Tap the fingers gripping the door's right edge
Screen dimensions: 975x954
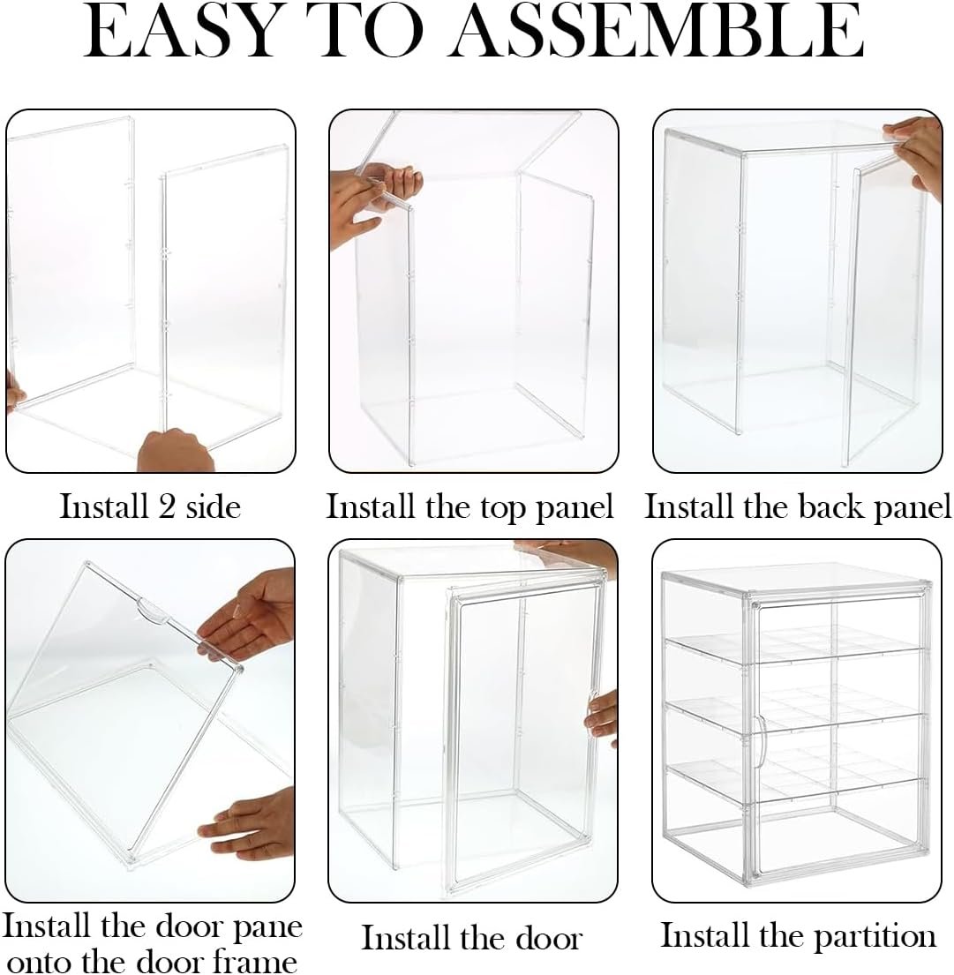604,715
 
